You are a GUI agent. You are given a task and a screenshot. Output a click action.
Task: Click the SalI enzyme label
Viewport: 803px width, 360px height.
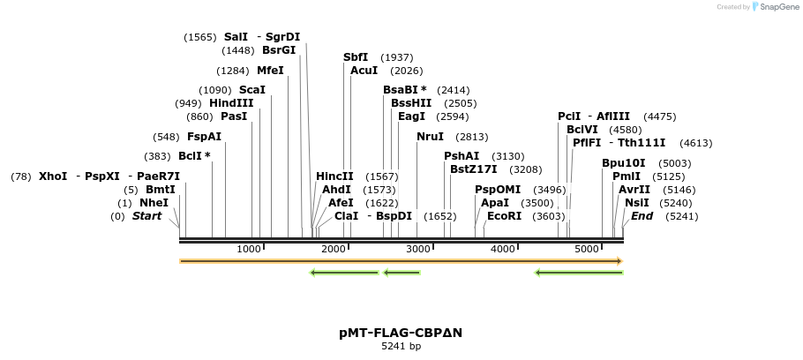(236, 37)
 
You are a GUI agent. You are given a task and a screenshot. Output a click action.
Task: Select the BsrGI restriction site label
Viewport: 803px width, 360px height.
(279, 50)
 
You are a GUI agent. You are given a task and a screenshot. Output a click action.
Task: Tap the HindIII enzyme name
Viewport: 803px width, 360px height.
(231, 103)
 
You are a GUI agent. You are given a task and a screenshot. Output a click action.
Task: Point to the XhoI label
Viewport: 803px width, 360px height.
(53, 176)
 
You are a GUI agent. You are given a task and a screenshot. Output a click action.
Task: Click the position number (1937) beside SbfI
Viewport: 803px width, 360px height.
(396, 57)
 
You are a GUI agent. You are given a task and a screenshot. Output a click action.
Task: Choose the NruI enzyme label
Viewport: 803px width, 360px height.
(431, 137)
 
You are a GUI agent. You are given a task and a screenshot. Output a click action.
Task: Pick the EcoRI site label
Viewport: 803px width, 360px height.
(504, 216)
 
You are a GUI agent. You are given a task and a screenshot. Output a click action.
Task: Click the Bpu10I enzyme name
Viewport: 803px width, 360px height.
(623, 163)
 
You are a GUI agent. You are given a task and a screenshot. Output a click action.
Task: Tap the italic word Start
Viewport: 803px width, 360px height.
(146, 216)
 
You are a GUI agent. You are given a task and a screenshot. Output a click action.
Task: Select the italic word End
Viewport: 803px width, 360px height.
(642, 216)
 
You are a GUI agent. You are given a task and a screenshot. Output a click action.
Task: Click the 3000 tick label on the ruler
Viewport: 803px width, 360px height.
(418, 250)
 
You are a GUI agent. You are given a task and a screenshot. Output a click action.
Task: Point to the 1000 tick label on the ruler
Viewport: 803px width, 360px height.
(249, 250)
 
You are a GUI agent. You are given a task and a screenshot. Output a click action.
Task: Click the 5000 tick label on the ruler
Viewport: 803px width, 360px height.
(588, 250)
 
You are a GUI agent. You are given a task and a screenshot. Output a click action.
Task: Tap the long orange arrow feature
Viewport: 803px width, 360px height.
(401, 261)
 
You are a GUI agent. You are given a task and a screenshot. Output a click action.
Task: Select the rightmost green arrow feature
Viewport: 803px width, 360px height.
(579, 273)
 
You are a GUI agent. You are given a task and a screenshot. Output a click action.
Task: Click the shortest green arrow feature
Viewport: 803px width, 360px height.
(401, 273)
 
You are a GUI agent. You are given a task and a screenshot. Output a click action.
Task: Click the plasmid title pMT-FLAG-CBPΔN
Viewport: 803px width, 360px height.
(401, 333)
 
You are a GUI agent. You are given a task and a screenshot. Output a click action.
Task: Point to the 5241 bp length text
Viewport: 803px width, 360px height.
(401, 346)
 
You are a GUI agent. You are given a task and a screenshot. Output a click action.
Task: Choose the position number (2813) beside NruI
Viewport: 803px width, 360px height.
(471, 137)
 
